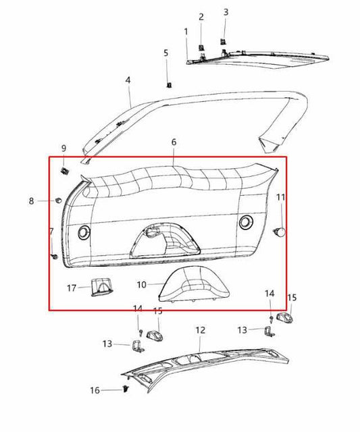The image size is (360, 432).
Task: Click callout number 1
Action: [186, 32]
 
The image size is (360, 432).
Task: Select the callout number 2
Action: [201, 17]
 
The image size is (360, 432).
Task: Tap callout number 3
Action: [226, 12]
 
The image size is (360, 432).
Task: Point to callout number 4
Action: [128, 80]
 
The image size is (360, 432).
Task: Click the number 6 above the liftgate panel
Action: [174, 142]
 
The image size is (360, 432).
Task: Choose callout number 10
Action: [141, 285]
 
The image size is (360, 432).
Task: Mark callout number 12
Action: [200, 330]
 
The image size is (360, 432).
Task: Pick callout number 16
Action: [95, 390]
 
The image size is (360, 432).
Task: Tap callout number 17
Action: [72, 288]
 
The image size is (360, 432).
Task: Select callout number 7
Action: [51, 232]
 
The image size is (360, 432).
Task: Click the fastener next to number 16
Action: [126, 389]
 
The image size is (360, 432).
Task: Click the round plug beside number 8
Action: [59, 200]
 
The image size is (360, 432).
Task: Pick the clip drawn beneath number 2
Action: [201, 47]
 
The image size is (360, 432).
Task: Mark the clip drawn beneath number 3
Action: [224, 43]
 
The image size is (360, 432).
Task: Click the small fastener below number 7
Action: [53, 256]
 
